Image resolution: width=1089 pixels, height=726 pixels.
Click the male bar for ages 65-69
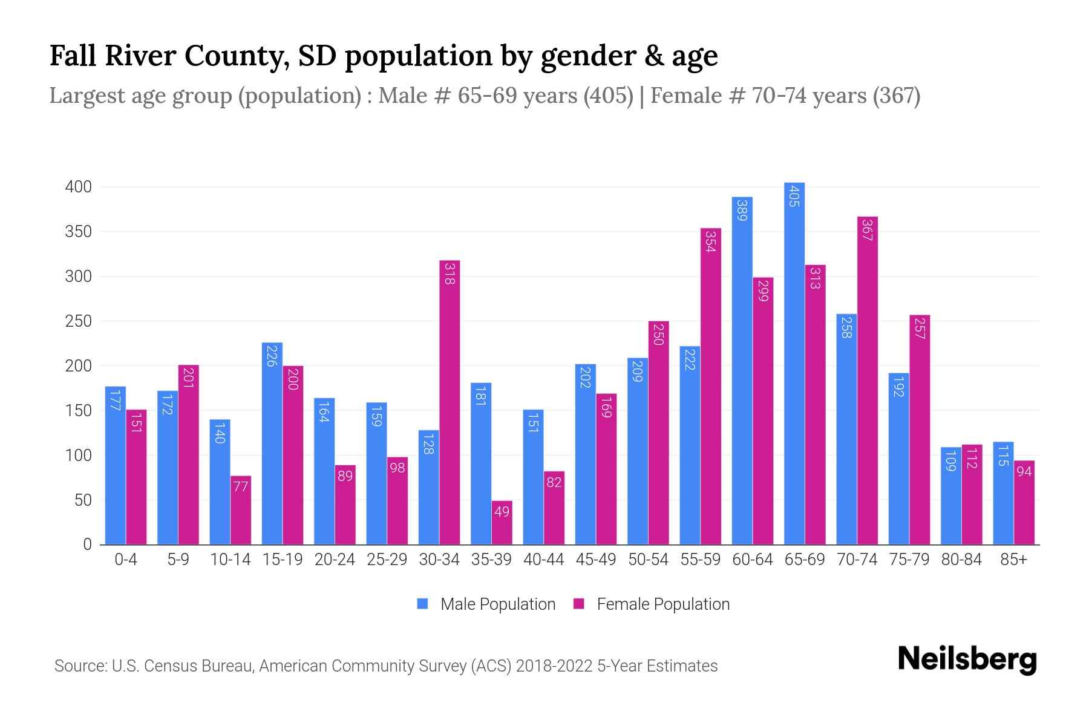pyautogui.click(x=794, y=363)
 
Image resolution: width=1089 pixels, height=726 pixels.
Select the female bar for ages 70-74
pyautogui.click(x=867, y=381)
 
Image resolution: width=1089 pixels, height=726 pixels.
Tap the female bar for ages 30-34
pyautogui.click(x=450, y=402)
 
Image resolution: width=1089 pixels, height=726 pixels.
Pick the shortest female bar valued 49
pyautogui.click(x=502, y=523)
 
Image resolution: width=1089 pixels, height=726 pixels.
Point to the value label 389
pyautogui.click(x=742, y=210)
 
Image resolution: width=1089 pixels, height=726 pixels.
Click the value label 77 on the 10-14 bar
pyautogui.click(x=241, y=486)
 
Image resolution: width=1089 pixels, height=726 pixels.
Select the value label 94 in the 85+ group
pyautogui.click(x=1024, y=471)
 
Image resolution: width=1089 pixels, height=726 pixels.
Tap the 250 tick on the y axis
pyautogui.click(x=79, y=321)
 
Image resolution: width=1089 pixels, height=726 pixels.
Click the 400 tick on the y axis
pyautogui.click(x=79, y=187)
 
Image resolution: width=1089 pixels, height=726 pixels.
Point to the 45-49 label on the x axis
pyautogui.click(x=596, y=560)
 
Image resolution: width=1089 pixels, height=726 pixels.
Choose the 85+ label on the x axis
pyautogui.click(x=1013, y=560)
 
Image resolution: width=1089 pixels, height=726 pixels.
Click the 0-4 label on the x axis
pyautogui.click(x=126, y=560)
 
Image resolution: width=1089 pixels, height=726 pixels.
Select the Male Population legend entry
pyautogui.click(x=497, y=604)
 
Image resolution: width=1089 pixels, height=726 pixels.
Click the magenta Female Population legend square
pyautogui.click(x=579, y=604)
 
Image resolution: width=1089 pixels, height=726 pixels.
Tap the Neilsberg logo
pyautogui.click(x=967, y=659)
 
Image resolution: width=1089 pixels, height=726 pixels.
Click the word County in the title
pyautogui.click(x=235, y=56)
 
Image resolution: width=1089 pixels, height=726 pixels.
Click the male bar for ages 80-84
pyautogui.click(x=950, y=496)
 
